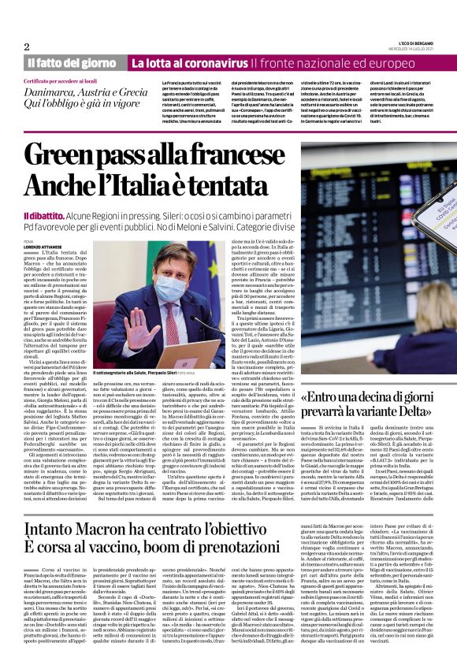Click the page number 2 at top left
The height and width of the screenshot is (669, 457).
coord(27,46)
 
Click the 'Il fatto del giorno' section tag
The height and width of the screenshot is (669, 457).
coord(72,62)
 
